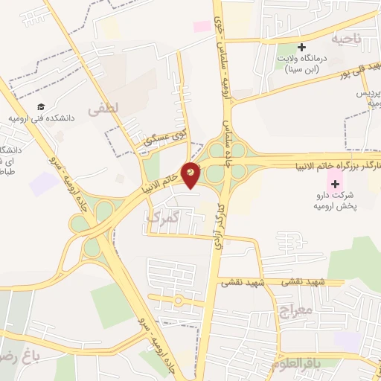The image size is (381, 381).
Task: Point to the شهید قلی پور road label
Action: tap(360, 74)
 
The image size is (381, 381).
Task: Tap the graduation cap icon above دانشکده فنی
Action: tap(41, 106)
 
